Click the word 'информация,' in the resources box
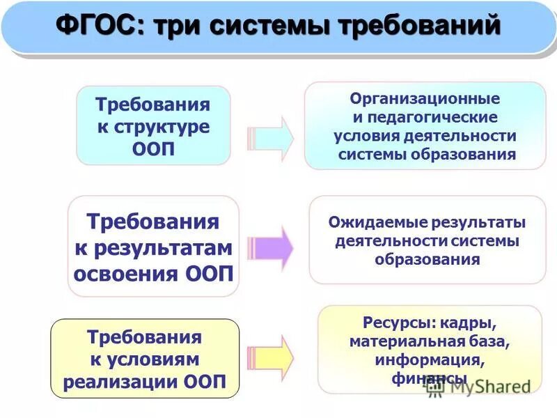427,361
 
